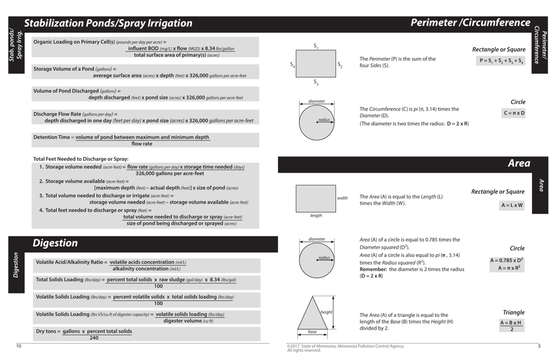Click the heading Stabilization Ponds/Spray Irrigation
coord(108,23)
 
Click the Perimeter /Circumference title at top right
coord(470,22)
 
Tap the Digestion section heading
coord(55,243)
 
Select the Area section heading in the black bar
coord(519,164)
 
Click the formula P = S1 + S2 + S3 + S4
coord(502,61)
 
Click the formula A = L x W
coord(512,205)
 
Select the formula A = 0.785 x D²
coord(506,260)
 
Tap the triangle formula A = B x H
coord(511,323)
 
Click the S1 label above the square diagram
coord(315,46)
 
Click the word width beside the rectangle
coord(342,198)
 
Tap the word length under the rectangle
coord(316,215)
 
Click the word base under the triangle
coord(313,332)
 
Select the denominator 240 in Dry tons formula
coord(94,338)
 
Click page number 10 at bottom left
coord(19,347)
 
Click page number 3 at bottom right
coord(538,347)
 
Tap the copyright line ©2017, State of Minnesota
coord(345,346)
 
